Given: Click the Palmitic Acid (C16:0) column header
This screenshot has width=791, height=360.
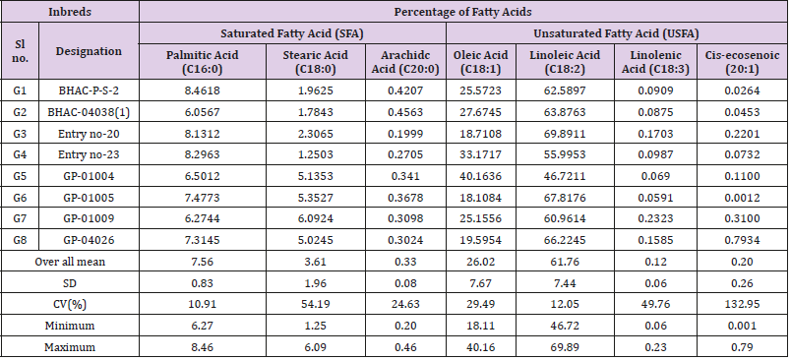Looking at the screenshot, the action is [x=203, y=62].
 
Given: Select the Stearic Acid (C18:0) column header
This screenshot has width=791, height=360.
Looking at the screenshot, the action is [x=315, y=62].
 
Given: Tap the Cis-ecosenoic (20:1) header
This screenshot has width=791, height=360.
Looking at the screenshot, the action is [x=742, y=62].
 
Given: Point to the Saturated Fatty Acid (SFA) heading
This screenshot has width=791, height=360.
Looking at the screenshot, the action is [x=292, y=33].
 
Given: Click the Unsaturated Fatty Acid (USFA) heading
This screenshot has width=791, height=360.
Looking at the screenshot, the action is [x=617, y=33].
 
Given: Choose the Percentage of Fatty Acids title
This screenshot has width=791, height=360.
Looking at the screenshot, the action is [x=462, y=12].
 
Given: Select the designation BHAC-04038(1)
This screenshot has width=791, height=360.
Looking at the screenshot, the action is [x=89, y=112].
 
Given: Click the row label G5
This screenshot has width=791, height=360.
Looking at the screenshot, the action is [x=21, y=176].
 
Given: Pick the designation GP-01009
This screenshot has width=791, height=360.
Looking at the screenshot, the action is [x=89, y=218].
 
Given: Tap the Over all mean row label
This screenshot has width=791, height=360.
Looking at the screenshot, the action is [x=70, y=262].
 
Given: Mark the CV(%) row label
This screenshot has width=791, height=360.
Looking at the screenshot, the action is [x=70, y=305].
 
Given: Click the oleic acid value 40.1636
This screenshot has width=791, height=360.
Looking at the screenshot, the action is [x=481, y=176].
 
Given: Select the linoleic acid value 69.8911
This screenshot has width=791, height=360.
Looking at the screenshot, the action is [x=565, y=134].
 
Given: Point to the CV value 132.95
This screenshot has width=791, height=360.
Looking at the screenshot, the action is [x=742, y=305].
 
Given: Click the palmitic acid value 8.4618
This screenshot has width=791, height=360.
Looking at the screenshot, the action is [x=203, y=91].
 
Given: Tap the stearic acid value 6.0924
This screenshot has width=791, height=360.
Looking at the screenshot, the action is [x=315, y=218].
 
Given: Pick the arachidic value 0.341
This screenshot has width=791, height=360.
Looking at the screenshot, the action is [x=405, y=176].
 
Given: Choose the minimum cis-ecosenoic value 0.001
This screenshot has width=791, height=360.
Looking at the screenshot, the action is [x=742, y=326].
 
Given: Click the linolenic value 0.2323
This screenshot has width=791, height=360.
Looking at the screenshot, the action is [x=656, y=218].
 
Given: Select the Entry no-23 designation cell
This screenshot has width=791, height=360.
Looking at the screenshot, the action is [x=89, y=154].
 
